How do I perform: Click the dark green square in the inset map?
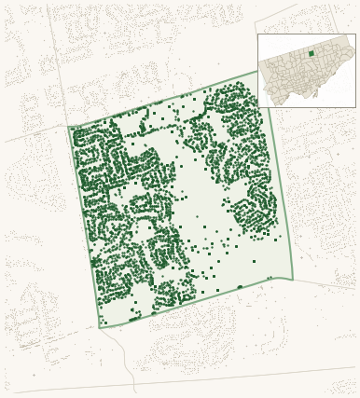point(312,54)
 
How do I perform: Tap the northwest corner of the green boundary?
point(69,127)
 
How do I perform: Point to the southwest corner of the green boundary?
point(100,328)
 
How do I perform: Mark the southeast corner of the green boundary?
point(293,279)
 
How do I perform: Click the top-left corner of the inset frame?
point(258,34)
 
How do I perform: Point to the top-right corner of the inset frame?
point(355,34)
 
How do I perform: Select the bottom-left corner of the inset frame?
point(258,107)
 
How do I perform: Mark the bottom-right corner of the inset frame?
point(355,107)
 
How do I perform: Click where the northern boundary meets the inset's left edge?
point(258,71)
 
